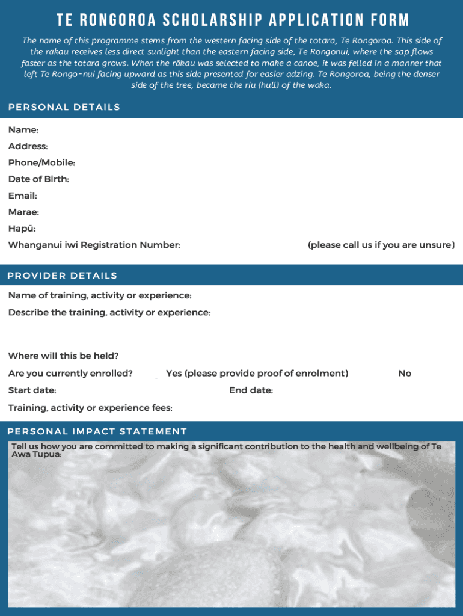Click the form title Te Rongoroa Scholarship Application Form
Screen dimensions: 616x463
click(233, 20)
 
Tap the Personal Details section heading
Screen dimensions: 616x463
click(64, 107)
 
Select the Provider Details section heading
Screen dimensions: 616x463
click(62, 276)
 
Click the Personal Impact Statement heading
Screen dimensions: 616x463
click(97, 431)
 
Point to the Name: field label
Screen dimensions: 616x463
click(23, 130)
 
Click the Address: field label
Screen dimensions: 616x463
click(28, 146)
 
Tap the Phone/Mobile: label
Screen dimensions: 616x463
click(41, 162)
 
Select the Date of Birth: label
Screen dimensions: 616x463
click(38, 179)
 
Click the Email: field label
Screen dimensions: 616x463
click(23, 196)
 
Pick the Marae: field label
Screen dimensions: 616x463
click(23, 212)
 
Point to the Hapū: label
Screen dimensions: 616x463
click(22, 229)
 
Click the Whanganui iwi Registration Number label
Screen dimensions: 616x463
click(94, 245)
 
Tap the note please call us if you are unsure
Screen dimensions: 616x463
click(381, 245)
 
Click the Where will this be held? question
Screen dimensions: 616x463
click(63, 356)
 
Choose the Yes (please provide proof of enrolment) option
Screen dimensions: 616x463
click(257, 374)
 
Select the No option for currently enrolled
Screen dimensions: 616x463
click(405, 374)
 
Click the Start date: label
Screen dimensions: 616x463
click(32, 390)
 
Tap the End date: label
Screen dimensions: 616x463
click(251, 390)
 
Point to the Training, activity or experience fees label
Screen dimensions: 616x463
click(90, 408)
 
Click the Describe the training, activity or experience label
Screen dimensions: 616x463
click(109, 313)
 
